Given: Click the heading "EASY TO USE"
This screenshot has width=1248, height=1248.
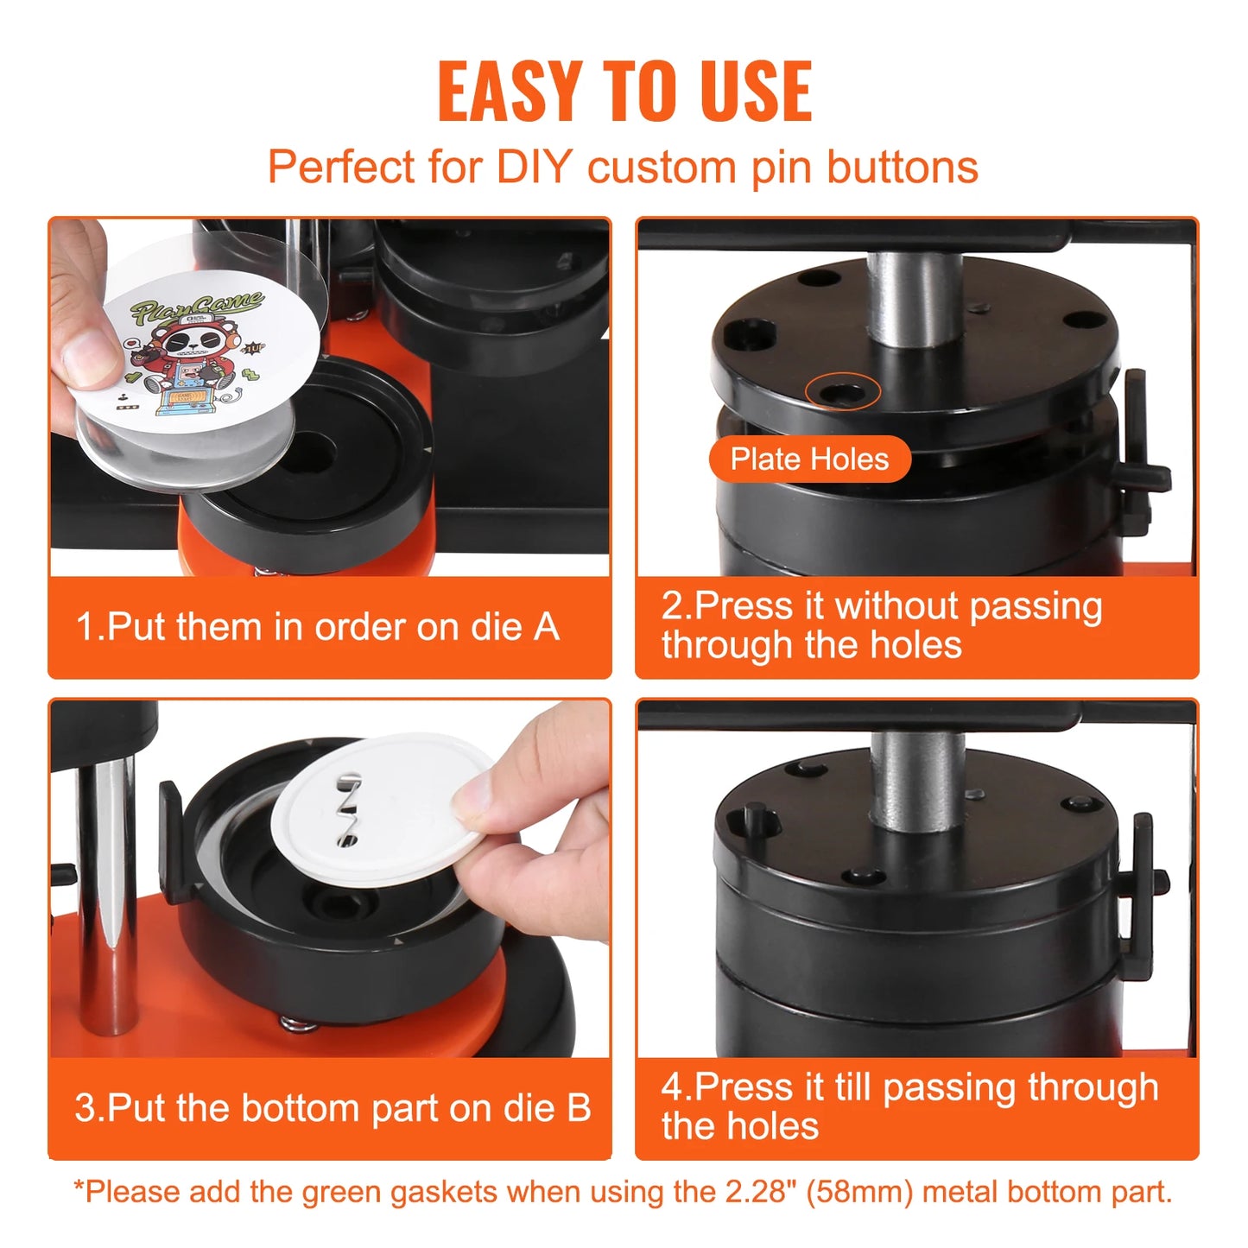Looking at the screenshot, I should click(x=624, y=92).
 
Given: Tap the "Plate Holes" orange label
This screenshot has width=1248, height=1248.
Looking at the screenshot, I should click(x=809, y=459).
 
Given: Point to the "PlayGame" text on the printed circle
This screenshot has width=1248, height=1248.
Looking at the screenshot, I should click(x=197, y=307).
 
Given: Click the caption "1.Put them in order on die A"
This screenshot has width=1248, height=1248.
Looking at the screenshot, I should click(x=317, y=627).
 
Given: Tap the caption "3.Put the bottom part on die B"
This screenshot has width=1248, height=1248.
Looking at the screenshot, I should click(x=333, y=1108).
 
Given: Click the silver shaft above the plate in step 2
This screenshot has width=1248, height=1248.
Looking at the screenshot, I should click(x=913, y=298).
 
